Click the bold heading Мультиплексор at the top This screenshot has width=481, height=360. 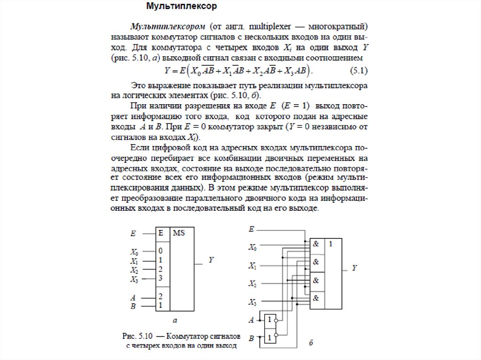click(181, 7)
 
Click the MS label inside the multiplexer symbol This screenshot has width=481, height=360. click(179, 233)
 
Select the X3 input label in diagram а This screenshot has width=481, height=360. click(134, 279)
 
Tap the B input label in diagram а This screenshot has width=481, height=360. click(133, 306)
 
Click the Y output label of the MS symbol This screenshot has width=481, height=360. click(211, 260)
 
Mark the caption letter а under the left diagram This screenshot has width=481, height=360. click(175, 321)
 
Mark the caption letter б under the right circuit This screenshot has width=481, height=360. click(311, 343)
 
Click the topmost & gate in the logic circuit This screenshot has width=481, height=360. click(316, 244)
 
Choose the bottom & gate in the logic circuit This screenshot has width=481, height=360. click(316, 298)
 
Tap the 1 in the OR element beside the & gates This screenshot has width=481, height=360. click(332, 244)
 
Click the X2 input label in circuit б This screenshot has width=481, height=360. click(253, 284)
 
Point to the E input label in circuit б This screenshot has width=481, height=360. click(252, 229)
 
